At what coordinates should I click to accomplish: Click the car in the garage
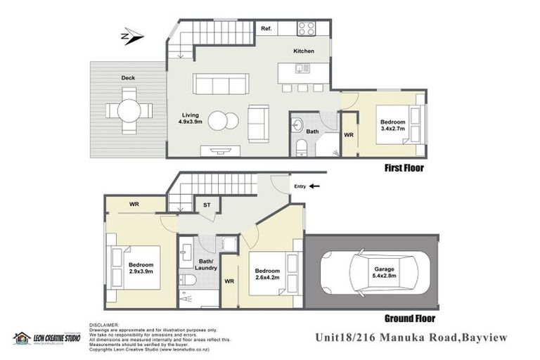(x=370, y=272)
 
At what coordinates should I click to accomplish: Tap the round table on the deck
(x=129, y=110)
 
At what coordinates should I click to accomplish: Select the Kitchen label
(x=304, y=51)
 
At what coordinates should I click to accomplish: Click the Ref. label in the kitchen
(x=266, y=29)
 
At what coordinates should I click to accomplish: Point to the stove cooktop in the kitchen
(x=306, y=29)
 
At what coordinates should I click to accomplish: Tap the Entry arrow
(x=314, y=186)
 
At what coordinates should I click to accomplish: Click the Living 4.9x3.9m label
(x=191, y=118)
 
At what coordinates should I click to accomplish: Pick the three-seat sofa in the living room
(x=221, y=85)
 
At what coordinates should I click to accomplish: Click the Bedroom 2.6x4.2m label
(x=267, y=274)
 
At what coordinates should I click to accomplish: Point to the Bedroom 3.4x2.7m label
(x=392, y=114)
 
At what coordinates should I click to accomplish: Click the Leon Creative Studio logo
(x=46, y=338)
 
